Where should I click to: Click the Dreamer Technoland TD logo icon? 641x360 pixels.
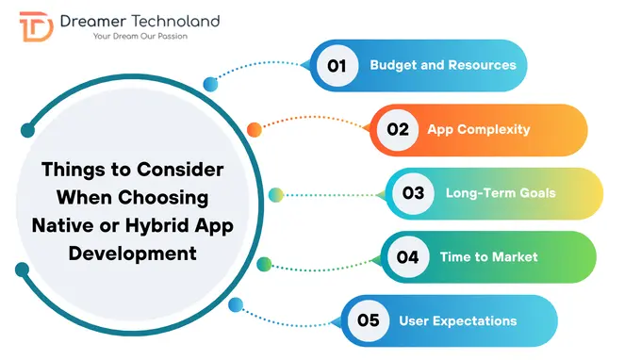point(36,29)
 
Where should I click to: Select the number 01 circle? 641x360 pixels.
point(337,65)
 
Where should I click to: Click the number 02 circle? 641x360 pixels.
point(397,129)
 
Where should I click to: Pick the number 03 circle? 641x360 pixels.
point(413,193)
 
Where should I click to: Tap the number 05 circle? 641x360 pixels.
point(368,320)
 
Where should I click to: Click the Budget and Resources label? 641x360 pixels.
point(442,65)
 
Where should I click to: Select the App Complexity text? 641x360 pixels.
point(479,129)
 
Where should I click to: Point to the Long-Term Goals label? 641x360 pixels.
point(501,193)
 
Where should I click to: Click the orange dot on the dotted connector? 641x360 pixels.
point(254,129)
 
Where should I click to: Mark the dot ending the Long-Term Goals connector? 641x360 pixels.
point(275,195)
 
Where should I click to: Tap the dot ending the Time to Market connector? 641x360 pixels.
point(265,263)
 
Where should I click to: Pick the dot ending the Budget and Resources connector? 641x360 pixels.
point(211,84)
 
